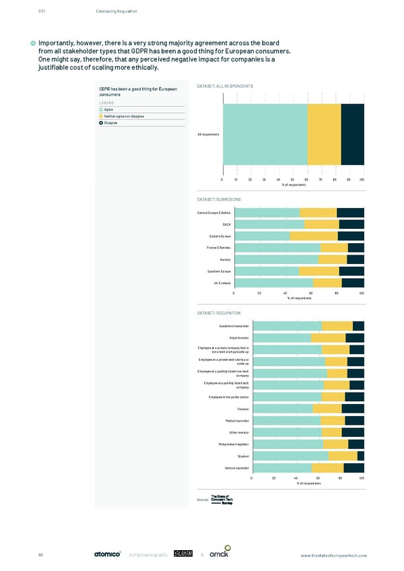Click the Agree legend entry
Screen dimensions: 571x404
click(x=108, y=109)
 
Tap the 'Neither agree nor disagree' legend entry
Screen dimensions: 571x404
click(x=124, y=116)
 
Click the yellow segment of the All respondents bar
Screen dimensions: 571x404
click(x=325, y=134)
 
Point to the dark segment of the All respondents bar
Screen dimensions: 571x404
click(x=352, y=134)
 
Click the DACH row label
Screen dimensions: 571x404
click(x=226, y=224)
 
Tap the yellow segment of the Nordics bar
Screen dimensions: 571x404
click(x=333, y=259)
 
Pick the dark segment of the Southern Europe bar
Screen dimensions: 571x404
click(x=351, y=271)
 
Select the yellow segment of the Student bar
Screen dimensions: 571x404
click(x=343, y=456)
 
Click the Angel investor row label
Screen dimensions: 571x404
click(x=240, y=337)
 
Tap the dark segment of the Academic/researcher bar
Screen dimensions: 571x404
click(x=358, y=326)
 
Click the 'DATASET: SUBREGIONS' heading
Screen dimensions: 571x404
click(x=219, y=200)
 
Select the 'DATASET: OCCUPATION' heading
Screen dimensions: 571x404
click(x=220, y=314)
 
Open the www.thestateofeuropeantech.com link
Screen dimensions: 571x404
click(x=334, y=555)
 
